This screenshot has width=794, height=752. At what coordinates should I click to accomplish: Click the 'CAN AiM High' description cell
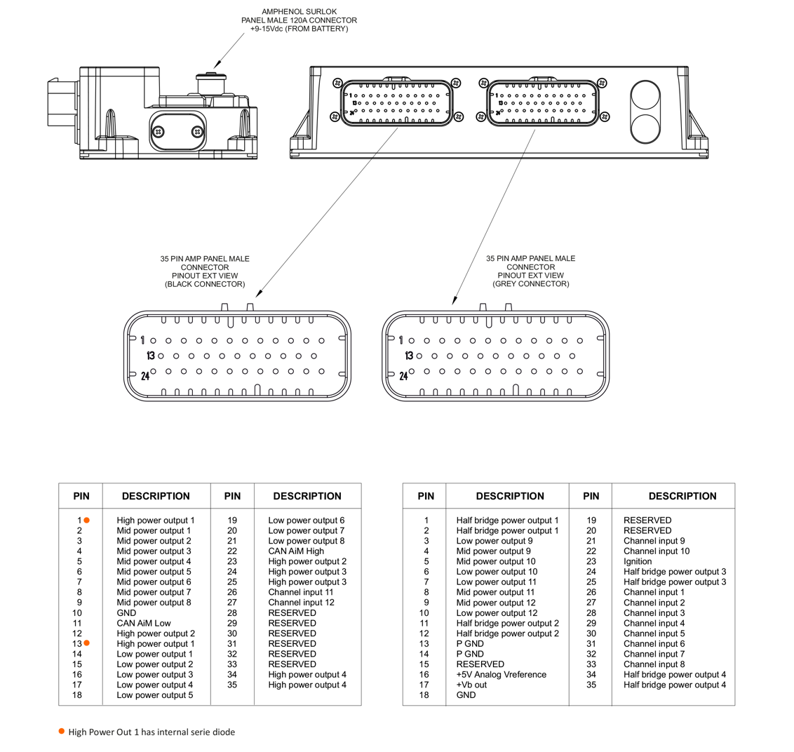(296, 551)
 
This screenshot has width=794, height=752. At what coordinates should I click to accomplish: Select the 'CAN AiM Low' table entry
(143, 623)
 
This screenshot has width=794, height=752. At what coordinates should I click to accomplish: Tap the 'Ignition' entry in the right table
(638, 561)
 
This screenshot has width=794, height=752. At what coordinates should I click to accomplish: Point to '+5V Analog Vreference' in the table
(501, 674)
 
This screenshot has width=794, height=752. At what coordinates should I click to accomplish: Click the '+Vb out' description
(471, 685)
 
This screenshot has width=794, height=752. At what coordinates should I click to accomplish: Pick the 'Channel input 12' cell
(301, 603)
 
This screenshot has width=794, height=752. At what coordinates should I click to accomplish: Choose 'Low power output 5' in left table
(154, 695)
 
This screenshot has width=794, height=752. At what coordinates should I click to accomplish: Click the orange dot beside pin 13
(87, 643)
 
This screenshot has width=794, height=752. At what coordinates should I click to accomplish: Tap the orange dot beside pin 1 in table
(87, 521)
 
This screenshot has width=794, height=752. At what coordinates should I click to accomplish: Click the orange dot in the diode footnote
(62, 732)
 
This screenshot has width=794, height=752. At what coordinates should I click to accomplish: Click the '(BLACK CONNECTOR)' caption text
(205, 284)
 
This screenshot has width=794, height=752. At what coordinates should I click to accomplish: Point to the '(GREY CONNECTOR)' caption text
(530, 284)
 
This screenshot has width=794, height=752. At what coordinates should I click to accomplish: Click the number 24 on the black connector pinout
(145, 376)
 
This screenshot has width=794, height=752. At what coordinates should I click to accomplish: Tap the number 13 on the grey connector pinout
(409, 356)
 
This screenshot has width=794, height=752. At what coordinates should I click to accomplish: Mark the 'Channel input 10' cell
(656, 551)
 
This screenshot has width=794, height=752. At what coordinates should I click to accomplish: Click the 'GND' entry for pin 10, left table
(126, 613)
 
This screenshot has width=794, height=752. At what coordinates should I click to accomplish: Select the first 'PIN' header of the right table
(426, 496)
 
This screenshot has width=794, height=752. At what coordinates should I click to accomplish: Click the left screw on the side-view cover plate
(159, 131)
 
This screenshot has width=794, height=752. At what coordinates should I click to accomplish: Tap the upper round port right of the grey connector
(646, 96)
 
